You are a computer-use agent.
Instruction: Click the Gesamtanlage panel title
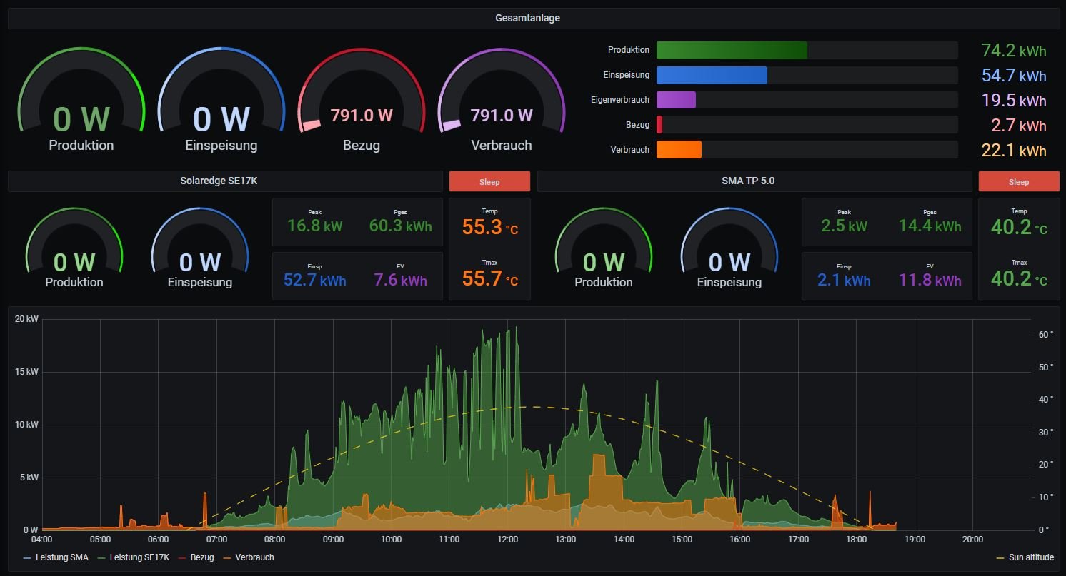pos(527,19)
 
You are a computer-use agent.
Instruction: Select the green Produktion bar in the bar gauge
pos(732,51)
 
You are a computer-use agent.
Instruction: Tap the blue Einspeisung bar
pos(712,76)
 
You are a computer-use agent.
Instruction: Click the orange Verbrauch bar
pos(679,150)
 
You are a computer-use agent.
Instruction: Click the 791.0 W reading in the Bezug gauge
pos(362,116)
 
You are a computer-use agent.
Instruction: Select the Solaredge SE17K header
pos(218,181)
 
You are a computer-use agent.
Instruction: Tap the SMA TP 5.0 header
pos(748,181)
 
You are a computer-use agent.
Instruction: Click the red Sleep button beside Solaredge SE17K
pos(489,182)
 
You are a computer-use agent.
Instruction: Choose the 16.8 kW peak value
pos(314,226)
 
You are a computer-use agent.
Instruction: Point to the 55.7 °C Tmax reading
pos(490,278)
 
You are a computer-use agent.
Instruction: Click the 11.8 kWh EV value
pos(930,280)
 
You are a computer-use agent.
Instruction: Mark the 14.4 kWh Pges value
pos(930,226)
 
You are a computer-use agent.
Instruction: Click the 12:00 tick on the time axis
pos(507,540)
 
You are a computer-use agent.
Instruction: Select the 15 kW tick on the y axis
pos(26,372)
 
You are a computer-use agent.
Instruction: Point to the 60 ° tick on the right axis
pos(1046,334)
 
